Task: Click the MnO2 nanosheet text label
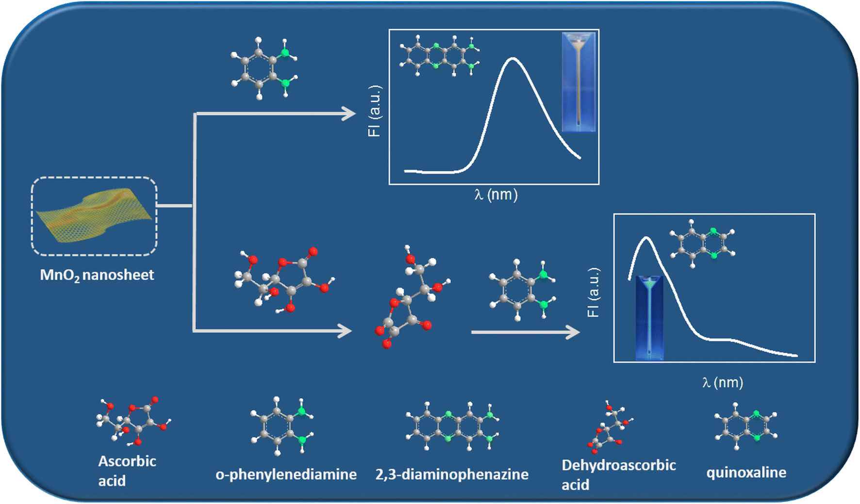[97, 275]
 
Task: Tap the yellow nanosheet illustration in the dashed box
[95, 215]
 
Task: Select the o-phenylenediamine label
[286, 474]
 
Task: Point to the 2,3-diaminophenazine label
[451, 474]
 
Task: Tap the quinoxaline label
[746, 472]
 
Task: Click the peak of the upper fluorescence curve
[512, 59]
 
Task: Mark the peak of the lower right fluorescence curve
[646, 238]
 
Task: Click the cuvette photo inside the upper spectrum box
[579, 82]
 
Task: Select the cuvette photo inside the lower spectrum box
[649, 318]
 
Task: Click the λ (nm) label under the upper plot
[496, 195]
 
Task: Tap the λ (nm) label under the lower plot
[722, 382]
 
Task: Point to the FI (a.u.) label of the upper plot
[375, 111]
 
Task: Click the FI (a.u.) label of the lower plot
[593, 293]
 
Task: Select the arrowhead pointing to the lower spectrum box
[574, 332]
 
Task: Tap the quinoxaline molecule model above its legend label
[745, 425]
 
